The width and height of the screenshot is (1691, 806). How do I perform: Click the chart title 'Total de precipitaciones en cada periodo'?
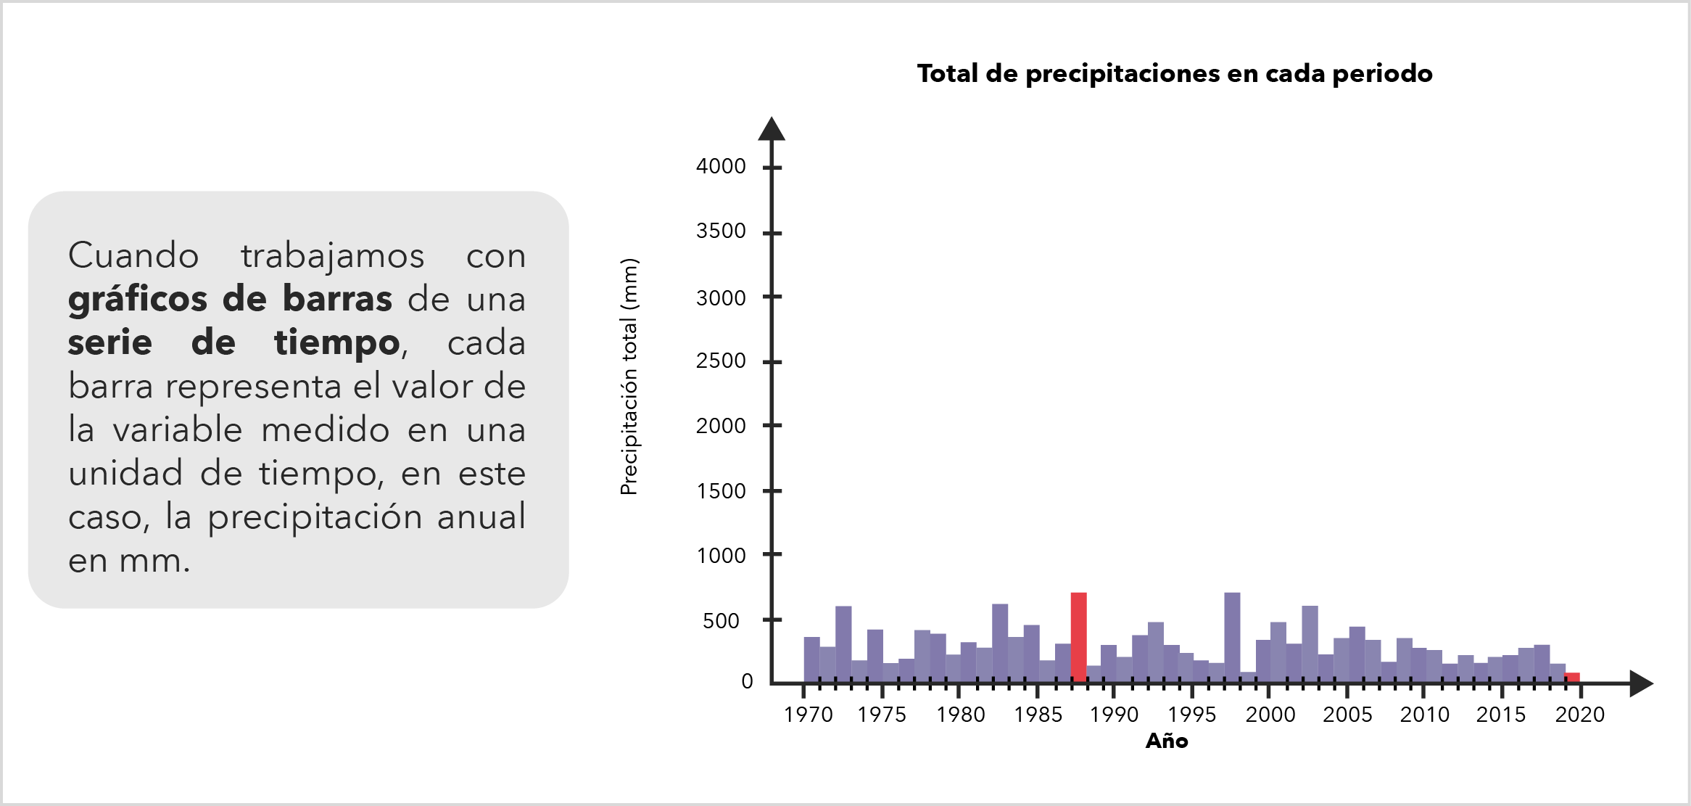pyautogui.click(x=1174, y=73)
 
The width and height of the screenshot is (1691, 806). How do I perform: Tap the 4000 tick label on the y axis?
pyautogui.click(x=721, y=166)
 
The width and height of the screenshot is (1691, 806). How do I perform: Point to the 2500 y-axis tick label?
pyautogui.click(x=721, y=361)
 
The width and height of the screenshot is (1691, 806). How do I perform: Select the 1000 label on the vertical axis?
pyautogui.click(x=721, y=556)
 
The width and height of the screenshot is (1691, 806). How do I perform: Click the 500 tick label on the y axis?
pyautogui.click(x=721, y=621)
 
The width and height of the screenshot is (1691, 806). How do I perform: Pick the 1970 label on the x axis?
pyautogui.click(x=808, y=715)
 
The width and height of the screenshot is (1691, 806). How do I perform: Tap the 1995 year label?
pyautogui.click(x=1191, y=715)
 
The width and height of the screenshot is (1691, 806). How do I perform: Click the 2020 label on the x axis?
pyautogui.click(x=1579, y=715)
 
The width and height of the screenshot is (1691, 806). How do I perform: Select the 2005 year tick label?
pyautogui.click(x=1347, y=715)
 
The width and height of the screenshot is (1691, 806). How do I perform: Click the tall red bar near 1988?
pyautogui.click(x=1078, y=637)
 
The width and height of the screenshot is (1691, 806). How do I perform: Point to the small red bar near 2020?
pyautogui.click(x=1571, y=678)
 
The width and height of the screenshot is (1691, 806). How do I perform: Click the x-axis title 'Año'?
pyautogui.click(x=1167, y=741)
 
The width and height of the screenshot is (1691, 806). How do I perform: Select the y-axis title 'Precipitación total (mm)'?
pyautogui.click(x=629, y=377)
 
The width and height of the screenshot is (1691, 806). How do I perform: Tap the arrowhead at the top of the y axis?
pyautogui.click(x=772, y=128)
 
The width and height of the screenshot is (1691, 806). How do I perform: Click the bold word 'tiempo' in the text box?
pyautogui.click(x=336, y=342)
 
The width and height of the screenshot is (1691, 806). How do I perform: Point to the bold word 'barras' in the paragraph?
pyautogui.click(x=337, y=299)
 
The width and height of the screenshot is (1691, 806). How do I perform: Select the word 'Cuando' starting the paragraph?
pyautogui.click(x=133, y=255)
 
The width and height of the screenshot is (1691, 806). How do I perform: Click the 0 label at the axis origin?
pyautogui.click(x=747, y=681)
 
